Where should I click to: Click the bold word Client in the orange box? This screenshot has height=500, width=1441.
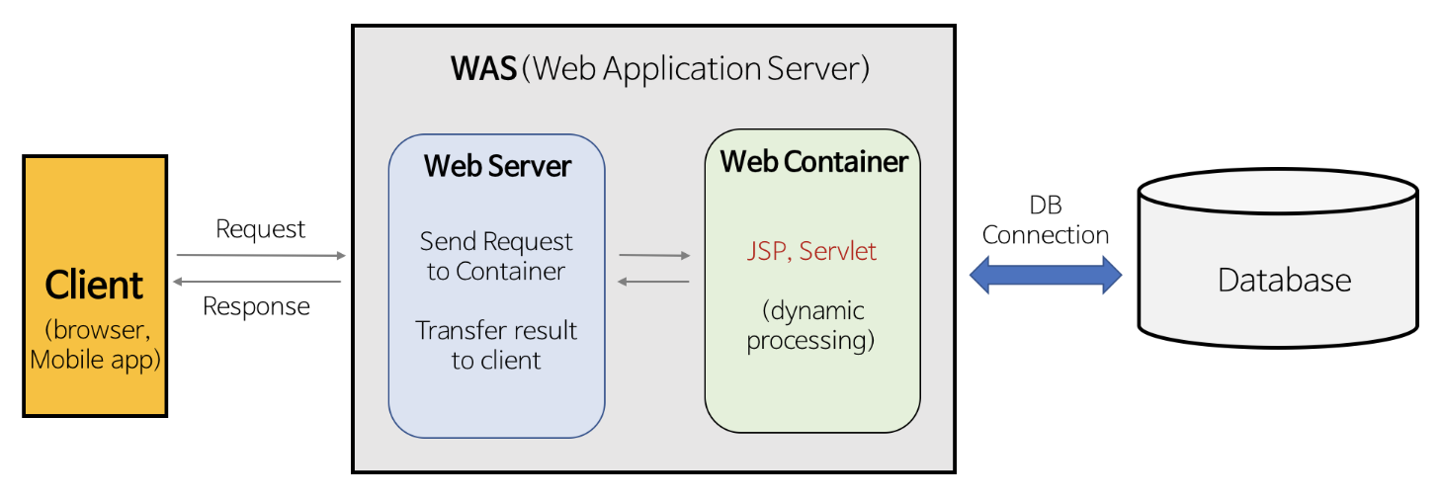coord(95,286)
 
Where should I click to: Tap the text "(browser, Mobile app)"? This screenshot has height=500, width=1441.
coord(95,344)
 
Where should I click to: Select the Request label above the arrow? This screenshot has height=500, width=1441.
coord(261,229)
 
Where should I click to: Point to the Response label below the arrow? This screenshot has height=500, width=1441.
coord(256,306)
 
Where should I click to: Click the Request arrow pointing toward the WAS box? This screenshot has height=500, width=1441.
coord(261,255)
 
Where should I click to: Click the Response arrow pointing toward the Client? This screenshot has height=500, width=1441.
coord(257,282)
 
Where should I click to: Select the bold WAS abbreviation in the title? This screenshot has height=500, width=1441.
coord(483,69)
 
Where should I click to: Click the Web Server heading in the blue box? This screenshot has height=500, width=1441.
coord(497,166)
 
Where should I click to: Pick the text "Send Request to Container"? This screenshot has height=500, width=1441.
coord(496,256)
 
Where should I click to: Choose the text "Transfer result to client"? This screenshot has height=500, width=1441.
coord(496,345)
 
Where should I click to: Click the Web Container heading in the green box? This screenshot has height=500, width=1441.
coord(813,162)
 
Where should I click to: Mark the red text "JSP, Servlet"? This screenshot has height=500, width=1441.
coord(811,251)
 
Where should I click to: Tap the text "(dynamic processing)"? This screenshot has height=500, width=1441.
coord(812,325)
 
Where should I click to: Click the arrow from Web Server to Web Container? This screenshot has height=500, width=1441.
coord(654,255)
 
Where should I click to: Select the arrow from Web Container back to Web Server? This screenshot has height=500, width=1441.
coord(653,282)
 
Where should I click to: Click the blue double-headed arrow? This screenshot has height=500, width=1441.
coord(1046,274)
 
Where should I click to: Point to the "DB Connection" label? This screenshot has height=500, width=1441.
coord(1046,220)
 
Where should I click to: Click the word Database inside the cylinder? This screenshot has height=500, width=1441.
coord(1284,280)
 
